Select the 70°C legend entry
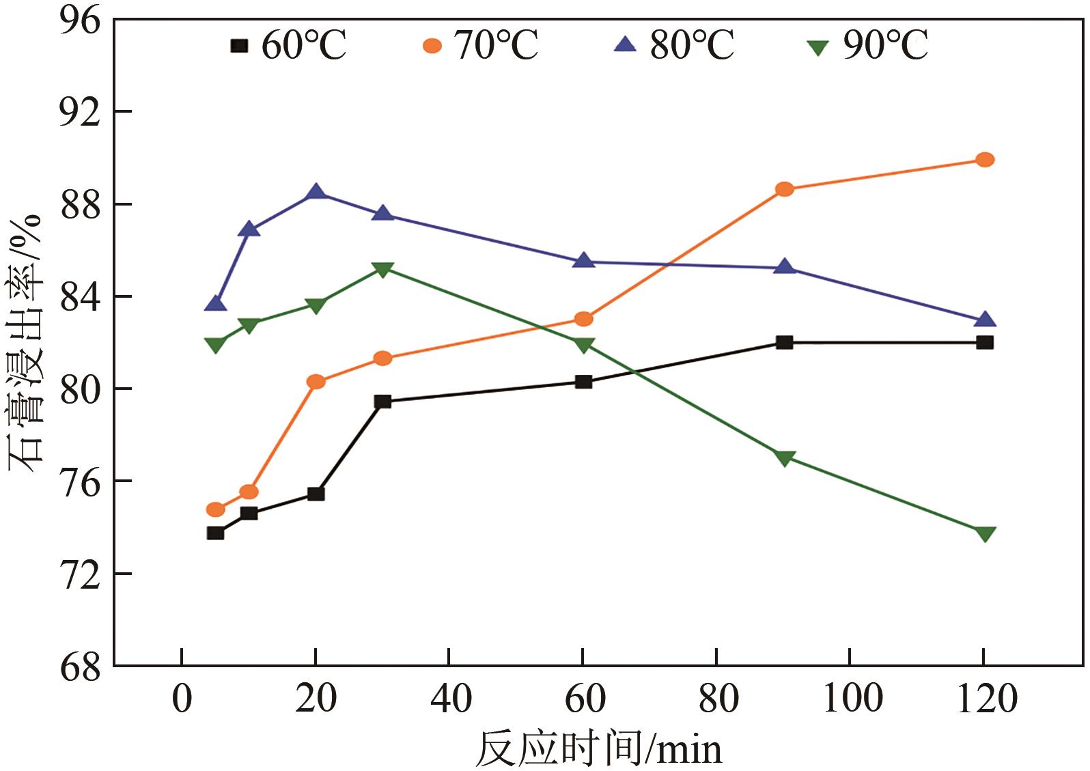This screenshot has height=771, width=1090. (481, 46)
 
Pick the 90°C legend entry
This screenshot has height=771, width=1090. (868, 46)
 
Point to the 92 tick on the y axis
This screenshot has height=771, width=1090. (80, 111)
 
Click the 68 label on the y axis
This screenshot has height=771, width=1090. (80, 666)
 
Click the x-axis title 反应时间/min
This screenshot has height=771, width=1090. (598, 748)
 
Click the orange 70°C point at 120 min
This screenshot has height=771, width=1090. (984, 160)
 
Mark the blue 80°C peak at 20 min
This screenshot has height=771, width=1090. (316, 192)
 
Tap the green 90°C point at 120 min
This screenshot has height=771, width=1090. (984, 534)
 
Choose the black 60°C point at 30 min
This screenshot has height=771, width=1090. (382, 402)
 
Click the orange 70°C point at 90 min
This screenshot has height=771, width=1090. (784, 189)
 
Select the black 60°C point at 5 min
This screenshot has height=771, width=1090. (215, 533)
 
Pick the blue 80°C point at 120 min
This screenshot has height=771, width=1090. (984, 320)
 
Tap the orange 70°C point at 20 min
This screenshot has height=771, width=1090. (316, 382)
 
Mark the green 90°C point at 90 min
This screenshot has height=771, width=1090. (784, 458)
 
